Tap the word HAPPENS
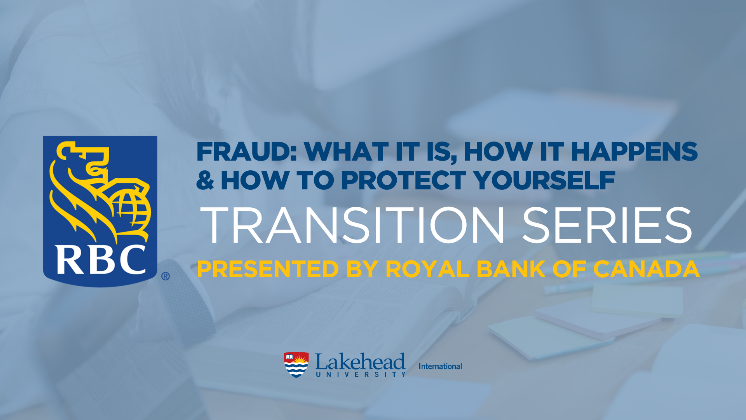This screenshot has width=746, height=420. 634,151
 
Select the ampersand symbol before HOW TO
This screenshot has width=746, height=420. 205,180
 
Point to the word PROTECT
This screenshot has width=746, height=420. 404,180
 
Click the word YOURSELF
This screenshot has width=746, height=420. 544,180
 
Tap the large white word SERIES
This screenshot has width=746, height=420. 607,225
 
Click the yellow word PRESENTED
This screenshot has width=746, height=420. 268,269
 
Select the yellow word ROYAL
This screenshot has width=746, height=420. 427,269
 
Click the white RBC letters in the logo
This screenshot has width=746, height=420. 101,259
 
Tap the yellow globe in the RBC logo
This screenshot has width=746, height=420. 130,210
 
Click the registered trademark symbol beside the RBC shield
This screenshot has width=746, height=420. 166,276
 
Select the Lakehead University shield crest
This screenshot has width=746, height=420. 296,365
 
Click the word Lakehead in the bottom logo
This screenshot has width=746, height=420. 360,362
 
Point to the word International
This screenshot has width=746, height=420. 440,366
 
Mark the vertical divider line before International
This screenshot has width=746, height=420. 412,365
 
